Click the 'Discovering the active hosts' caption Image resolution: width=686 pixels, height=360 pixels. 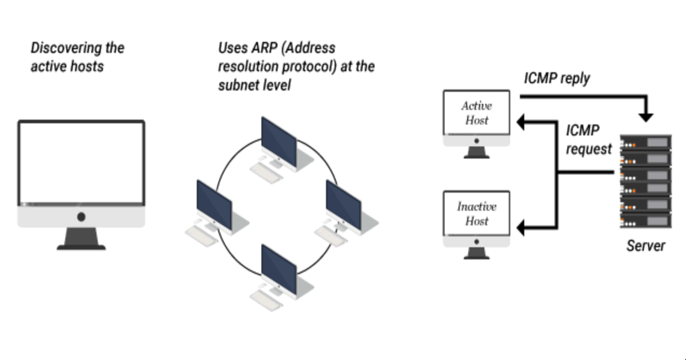[77, 57]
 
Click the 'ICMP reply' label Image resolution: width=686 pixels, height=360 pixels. [557, 79]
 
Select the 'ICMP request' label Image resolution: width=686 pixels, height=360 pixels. [588, 140]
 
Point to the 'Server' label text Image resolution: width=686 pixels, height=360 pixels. [646, 246]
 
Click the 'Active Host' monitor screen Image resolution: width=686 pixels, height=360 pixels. [477, 113]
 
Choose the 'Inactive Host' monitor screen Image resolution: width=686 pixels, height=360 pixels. [477, 213]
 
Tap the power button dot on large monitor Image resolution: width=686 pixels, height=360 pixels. [81, 217]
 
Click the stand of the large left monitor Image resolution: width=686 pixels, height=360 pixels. [81, 239]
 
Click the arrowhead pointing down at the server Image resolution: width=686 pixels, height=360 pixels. [646, 117]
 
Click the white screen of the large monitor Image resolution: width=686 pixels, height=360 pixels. [81, 163]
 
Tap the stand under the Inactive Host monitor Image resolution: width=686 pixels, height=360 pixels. [477, 253]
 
